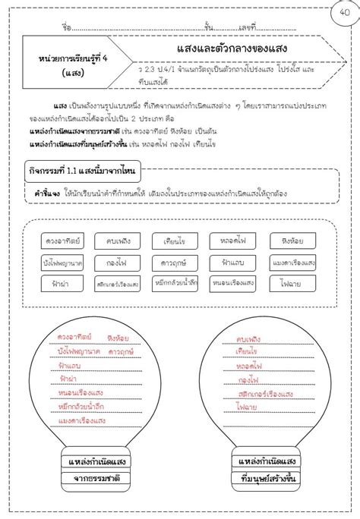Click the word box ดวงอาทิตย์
point(63,241)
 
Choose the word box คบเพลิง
point(118,241)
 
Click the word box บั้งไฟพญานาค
point(63,263)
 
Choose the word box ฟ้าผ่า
point(63,284)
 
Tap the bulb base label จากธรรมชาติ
point(96,478)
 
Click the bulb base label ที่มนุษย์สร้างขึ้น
point(266,477)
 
